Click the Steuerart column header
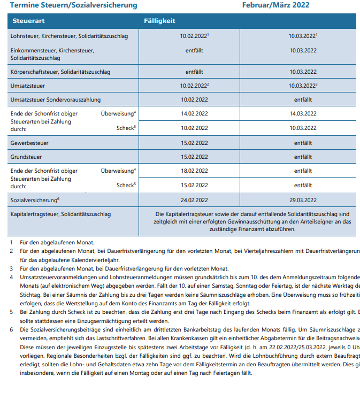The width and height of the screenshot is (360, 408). pos(26,21)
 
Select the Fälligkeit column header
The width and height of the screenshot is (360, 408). pos(159,21)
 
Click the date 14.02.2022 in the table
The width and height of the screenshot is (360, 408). pos(194,114)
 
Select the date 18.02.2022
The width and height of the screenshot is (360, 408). pos(194,171)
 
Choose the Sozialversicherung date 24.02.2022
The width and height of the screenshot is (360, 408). pos(194,199)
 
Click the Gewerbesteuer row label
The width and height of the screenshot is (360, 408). pos(30,143)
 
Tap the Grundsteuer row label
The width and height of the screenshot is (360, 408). pos(26,157)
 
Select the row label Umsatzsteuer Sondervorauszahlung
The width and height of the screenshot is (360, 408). pos(56,99)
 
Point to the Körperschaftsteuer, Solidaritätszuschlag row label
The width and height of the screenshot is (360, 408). pos(60,71)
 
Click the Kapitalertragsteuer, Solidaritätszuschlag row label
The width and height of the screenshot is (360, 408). pos(61,214)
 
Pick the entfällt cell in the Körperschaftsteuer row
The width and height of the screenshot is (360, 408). pos(194,71)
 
